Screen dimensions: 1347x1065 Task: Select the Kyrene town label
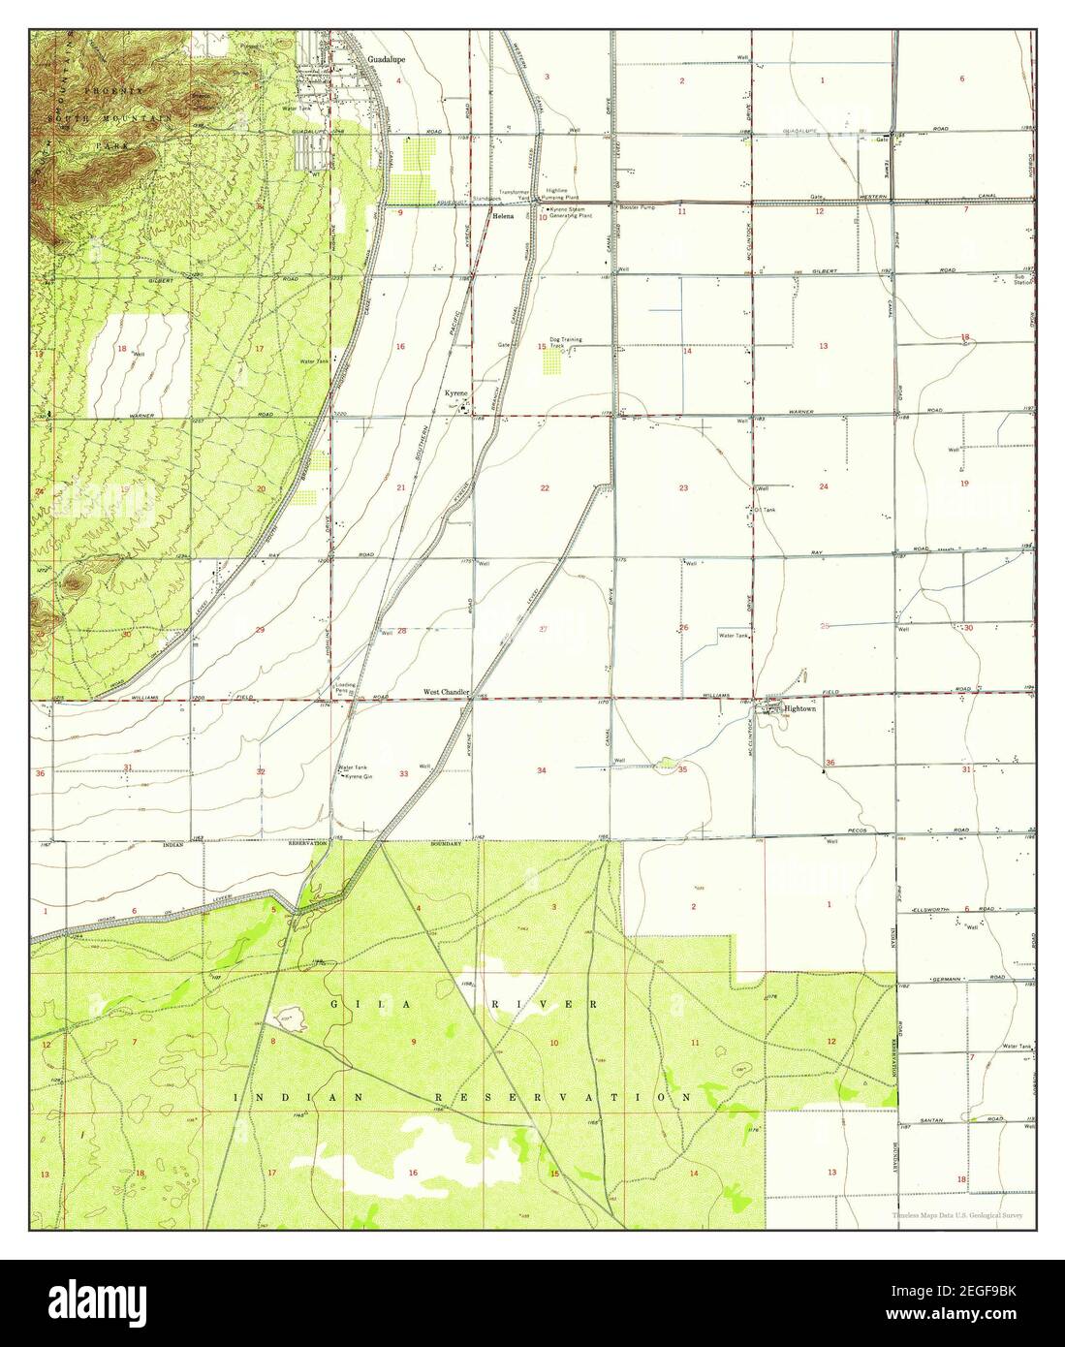pos(455,393)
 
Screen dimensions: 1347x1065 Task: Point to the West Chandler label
pos(446,693)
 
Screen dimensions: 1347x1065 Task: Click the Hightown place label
pos(801,708)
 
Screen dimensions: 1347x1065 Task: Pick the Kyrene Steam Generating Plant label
pos(570,214)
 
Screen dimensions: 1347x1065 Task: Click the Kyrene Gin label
pos(360,777)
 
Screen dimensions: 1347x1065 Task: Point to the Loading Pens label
pos(344,688)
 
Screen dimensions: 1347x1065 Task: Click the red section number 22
pos(545,488)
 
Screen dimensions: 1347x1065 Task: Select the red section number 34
pos(542,770)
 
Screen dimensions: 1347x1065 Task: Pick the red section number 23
pos(683,488)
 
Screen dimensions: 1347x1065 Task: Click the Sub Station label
pos(1019,280)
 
